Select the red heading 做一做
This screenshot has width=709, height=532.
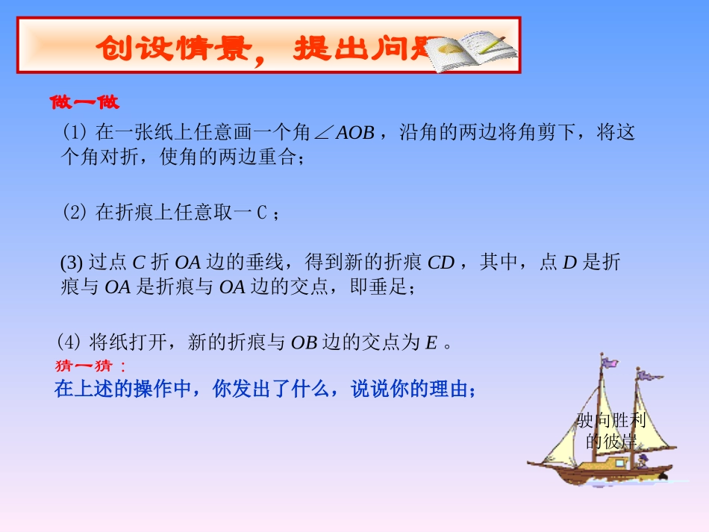pyautogui.click(x=84, y=101)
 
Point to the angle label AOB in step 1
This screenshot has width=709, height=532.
pyautogui.click(x=354, y=134)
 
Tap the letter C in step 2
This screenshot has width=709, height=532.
pyautogui.click(x=261, y=213)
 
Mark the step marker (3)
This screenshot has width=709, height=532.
pyautogui.click(x=72, y=263)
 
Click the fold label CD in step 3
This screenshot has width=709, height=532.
pyautogui.click(x=441, y=263)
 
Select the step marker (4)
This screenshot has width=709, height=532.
pyautogui.click(x=69, y=342)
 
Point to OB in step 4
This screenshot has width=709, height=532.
pyautogui.click(x=304, y=343)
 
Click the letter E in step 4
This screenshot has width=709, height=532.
pyautogui.click(x=431, y=343)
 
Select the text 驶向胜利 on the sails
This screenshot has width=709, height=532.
pyautogui.click(x=610, y=420)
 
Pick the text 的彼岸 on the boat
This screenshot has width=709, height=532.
pyautogui.click(x=610, y=440)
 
